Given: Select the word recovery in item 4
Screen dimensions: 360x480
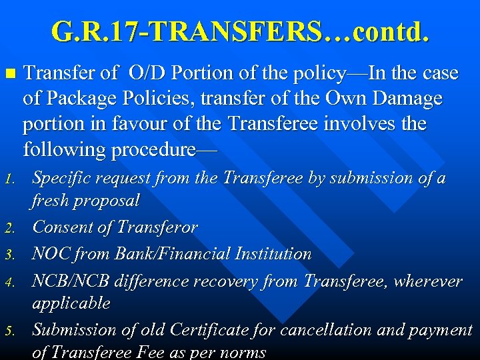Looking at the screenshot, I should pos(223,281).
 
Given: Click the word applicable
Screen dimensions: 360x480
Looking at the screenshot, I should pos(71,303).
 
